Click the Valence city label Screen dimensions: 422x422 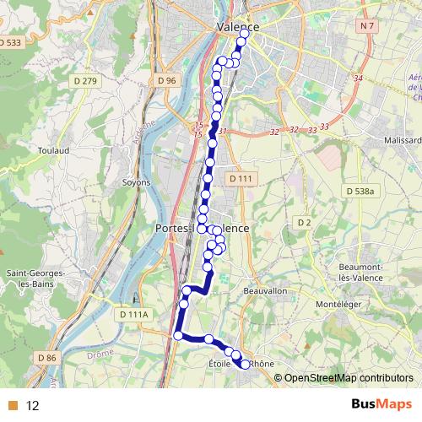pos(237,27)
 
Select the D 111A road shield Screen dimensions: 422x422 pos(133,314)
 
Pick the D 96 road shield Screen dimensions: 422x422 pos(166,80)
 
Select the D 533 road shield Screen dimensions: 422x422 pos(10,42)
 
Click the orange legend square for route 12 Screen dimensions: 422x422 pos(12,405)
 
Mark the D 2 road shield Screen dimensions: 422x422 pos(304,222)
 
